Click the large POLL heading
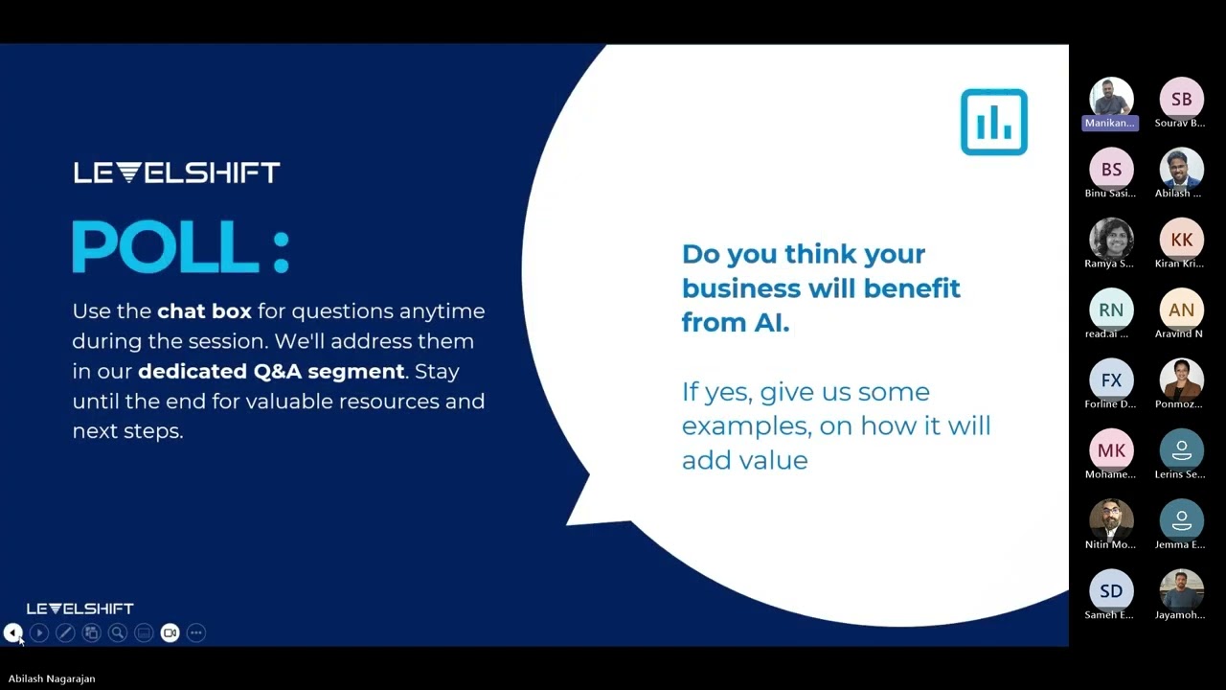tap(180, 247)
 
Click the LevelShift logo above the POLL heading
tap(177, 172)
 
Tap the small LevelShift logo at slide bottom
tap(79, 609)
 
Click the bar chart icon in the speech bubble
tap(993, 122)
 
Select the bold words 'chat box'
tap(204, 311)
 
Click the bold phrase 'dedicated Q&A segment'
tap(271, 371)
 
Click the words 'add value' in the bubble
tap(744, 460)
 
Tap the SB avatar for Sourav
tap(1181, 99)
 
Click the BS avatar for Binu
tap(1111, 170)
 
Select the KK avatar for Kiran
tap(1181, 240)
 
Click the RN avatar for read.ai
tap(1111, 310)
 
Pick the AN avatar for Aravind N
tap(1181, 310)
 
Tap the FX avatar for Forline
tap(1111, 380)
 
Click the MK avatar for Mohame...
tap(1111, 450)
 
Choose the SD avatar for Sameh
tap(1111, 590)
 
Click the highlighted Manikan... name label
tap(1110, 123)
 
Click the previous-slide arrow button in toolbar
tap(12, 632)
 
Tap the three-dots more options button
tap(196, 632)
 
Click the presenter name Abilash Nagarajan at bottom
tap(52, 678)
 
